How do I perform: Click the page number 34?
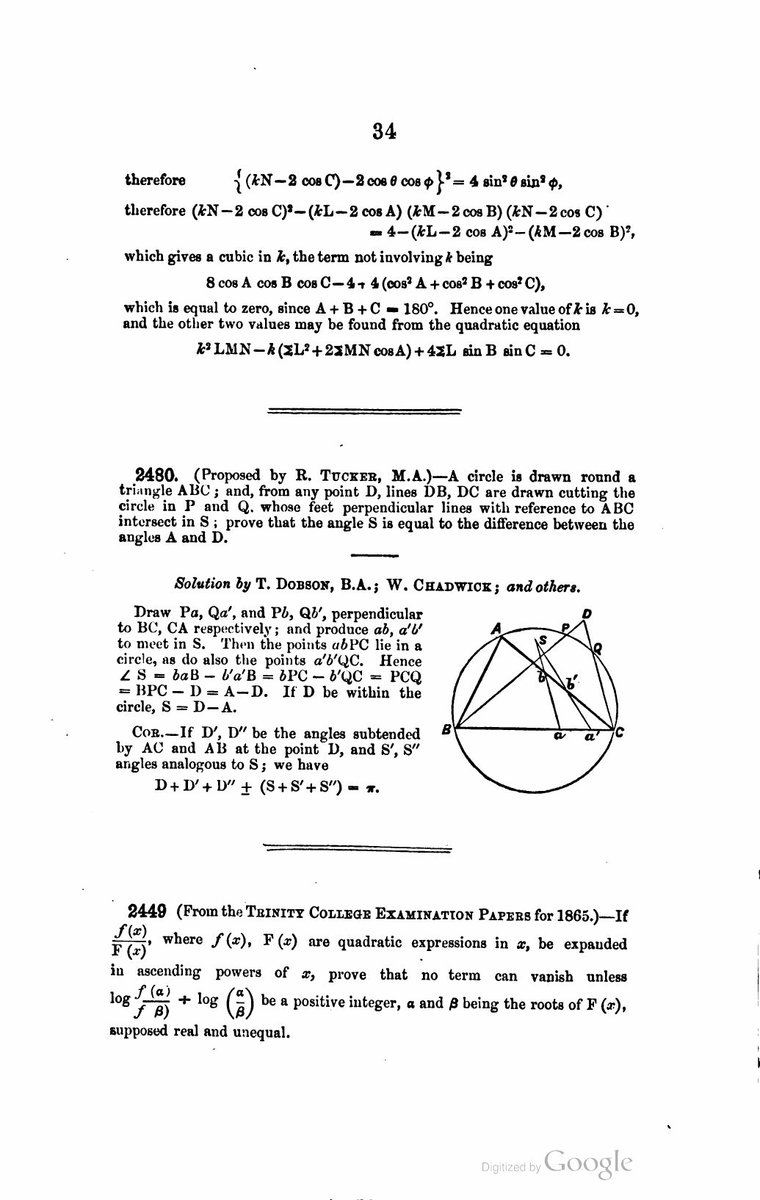click(x=385, y=131)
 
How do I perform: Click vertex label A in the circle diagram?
click(x=497, y=629)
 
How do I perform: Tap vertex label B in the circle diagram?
click(x=445, y=730)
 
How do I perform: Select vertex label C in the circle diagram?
click(x=619, y=732)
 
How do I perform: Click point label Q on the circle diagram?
click(x=598, y=648)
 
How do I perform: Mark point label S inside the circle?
click(x=543, y=640)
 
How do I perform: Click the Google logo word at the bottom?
click(x=589, y=1163)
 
